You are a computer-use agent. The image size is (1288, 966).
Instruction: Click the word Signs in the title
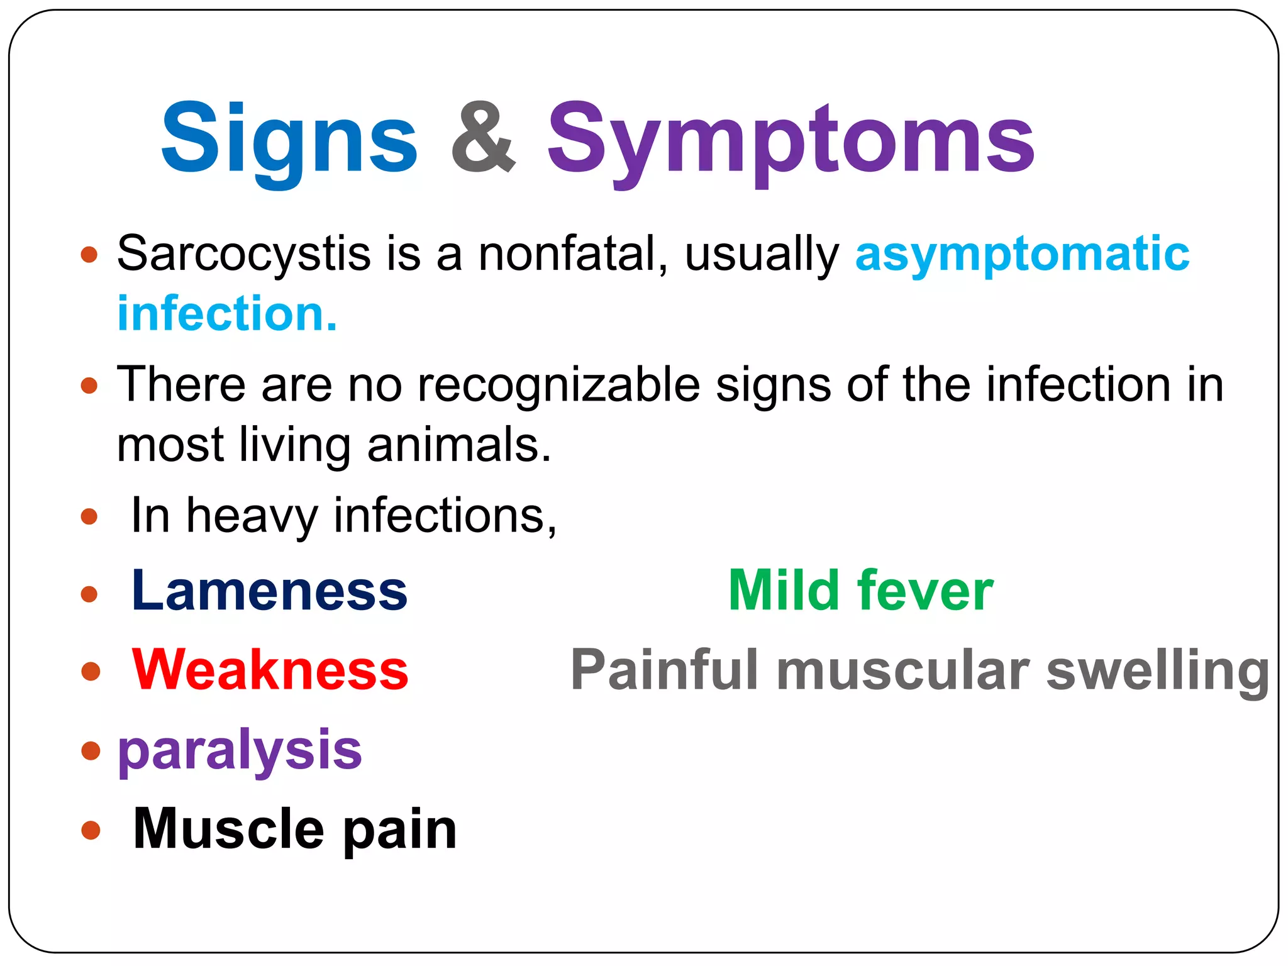289,140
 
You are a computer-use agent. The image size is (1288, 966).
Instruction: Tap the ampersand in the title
483,137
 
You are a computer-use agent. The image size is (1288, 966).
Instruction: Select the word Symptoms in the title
791,140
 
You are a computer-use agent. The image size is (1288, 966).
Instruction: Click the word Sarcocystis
244,255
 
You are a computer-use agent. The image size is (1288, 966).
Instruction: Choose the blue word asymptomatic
1022,255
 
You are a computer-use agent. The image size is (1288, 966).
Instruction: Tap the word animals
459,445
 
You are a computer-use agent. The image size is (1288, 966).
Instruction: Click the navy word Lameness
269,591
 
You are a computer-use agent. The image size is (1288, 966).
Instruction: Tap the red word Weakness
270,670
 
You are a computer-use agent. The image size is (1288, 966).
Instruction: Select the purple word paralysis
240,751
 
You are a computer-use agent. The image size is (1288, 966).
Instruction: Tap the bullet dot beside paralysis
91,750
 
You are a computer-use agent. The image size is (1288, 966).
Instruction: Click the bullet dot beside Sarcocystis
89,255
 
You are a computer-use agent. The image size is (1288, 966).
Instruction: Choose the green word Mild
784,591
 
